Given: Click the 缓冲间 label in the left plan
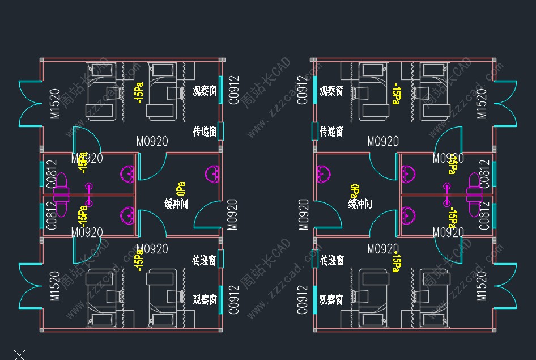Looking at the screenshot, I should [x=176, y=204].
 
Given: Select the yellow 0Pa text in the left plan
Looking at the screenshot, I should [x=181, y=189].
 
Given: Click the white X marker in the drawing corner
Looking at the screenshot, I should [x=19, y=355].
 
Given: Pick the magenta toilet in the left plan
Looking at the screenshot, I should [x=61, y=194].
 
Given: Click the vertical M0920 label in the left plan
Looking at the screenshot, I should [x=232, y=214].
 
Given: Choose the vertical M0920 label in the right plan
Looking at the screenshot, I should [x=304, y=214].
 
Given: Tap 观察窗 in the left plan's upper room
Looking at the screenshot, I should [x=205, y=91].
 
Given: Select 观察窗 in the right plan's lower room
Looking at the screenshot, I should [x=331, y=299].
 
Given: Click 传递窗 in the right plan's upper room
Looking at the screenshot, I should [x=331, y=132].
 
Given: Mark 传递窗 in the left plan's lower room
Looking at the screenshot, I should [x=204, y=261].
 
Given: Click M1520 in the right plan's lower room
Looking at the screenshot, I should [x=482, y=286].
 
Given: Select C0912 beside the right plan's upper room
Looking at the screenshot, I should [x=303, y=90].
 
